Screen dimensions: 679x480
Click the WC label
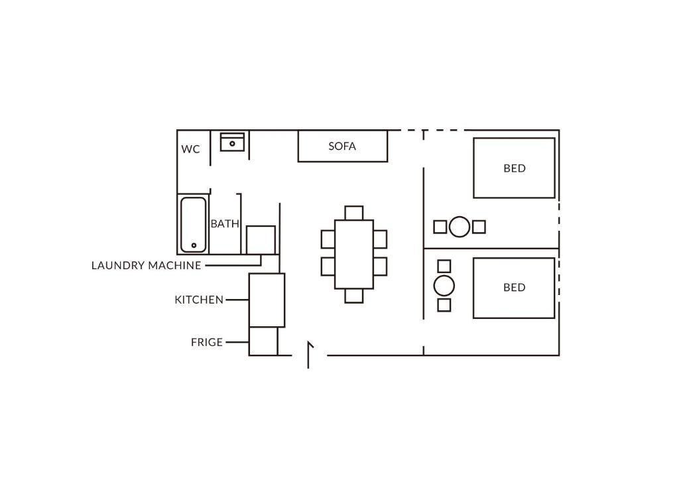[x=190, y=149]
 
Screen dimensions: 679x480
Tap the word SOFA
[x=342, y=147]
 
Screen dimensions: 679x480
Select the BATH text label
[x=225, y=224]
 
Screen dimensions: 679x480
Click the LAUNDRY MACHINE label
[x=147, y=265]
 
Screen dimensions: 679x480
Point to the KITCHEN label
[x=199, y=300]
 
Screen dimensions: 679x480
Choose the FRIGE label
[x=207, y=342]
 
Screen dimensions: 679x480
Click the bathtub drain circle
[x=194, y=245]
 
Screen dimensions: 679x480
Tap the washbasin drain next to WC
[x=233, y=144]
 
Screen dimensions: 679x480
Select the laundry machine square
[x=261, y=240]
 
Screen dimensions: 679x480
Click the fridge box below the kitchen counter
[x=263, y=341]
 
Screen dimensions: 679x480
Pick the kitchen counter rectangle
[x=267, y=300]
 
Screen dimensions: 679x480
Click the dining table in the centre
[x=354, y=255]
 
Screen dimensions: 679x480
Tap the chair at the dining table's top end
[x=354, y=213]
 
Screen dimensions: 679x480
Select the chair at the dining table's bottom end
[x=354, y=296]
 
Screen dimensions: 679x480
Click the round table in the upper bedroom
[x=460, y=227]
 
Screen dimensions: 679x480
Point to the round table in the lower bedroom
[x=444, y=286]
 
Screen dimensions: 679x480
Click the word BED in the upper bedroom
[x=515, y=168]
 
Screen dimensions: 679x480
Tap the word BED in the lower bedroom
[x=515, y=287]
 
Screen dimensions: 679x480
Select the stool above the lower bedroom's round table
[x=444, y=266]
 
